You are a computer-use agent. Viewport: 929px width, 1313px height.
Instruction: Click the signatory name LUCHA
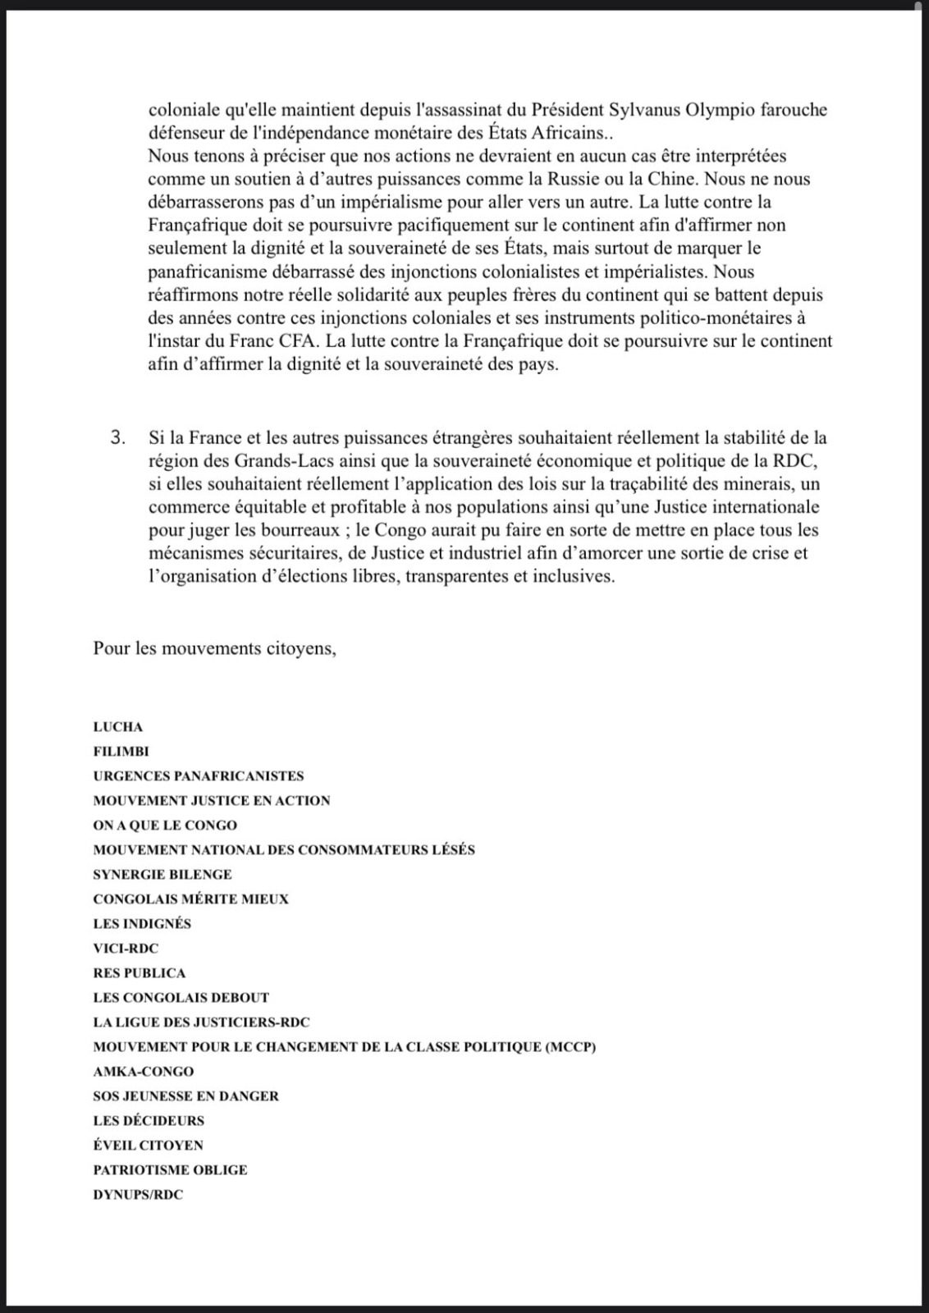[118, 727]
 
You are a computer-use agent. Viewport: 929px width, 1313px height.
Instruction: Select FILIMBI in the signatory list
[121, 752]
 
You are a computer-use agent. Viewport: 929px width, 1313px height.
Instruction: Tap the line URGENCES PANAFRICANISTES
[199, 776]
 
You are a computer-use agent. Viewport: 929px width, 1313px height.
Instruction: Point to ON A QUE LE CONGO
[165, 826]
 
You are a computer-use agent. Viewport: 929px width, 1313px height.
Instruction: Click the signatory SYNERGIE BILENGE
[162, 875]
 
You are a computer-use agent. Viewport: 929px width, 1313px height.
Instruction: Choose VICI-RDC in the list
[126, 949]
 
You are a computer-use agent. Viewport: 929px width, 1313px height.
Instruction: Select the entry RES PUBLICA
[140, 973]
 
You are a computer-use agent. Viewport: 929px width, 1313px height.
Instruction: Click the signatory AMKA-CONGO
[144, 1072]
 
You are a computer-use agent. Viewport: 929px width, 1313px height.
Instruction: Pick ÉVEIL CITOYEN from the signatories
[149, 1146]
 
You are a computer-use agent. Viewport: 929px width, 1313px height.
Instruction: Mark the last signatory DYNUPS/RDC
[138, 1195]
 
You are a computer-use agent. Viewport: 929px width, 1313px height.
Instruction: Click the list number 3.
[119, 438]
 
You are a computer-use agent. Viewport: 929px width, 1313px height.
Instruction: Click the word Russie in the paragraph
[629, 179]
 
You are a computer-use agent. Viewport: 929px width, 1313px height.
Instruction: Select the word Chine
[673, 179]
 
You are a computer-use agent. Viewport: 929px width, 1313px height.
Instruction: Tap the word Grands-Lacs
[253, 461]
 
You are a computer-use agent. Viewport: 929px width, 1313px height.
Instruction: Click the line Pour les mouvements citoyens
[215, 648]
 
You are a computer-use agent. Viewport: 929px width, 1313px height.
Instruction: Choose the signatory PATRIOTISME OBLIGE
[170, 1170]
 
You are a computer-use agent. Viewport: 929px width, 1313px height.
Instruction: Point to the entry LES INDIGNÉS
[142, 924]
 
